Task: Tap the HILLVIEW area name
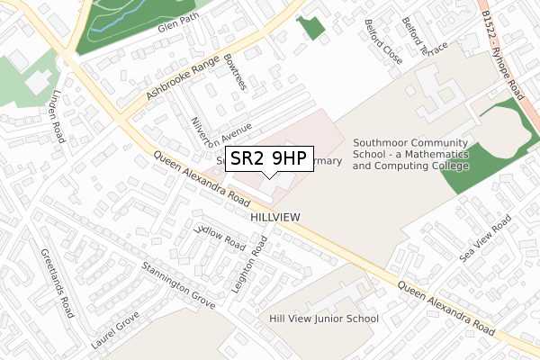point(274,218)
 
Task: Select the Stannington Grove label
point(178,285)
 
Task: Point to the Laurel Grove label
point(116,330)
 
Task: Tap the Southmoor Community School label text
point(411,154)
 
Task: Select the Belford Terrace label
point(425,47)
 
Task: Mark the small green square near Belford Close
point(311,26)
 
